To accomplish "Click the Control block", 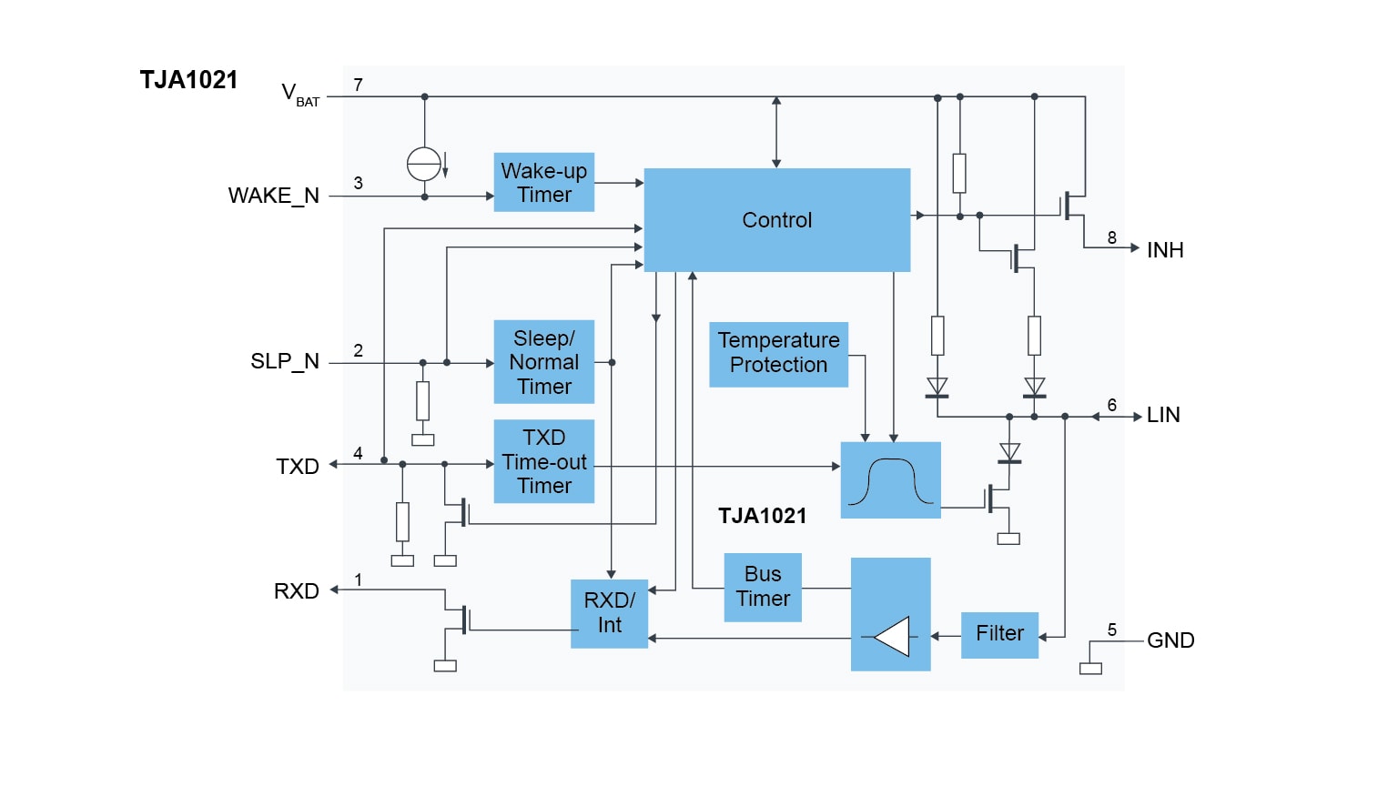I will coord(776,220).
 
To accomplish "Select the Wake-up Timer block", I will coord(543,182).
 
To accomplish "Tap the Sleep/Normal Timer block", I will coord(543,362).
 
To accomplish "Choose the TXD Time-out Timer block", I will coord(543,461).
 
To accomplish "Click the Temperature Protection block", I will coord(778,353).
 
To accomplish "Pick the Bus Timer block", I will coord(763,587).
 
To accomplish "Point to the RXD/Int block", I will coord(609,613).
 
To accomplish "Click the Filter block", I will coord(999,634).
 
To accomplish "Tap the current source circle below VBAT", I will coord(424,164).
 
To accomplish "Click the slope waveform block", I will coord(890,480).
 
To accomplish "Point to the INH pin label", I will coord(1165,250).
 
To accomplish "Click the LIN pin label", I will coord(1163,416).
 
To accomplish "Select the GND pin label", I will coord(1170,640).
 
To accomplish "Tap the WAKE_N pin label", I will coord(273,196).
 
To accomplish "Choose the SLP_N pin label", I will coord(285,361).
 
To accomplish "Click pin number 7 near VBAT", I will coord(359,85).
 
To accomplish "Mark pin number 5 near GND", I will coord(1112,630).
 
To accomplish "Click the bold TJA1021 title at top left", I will coord(188,80).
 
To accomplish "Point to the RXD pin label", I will coord(297,591).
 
